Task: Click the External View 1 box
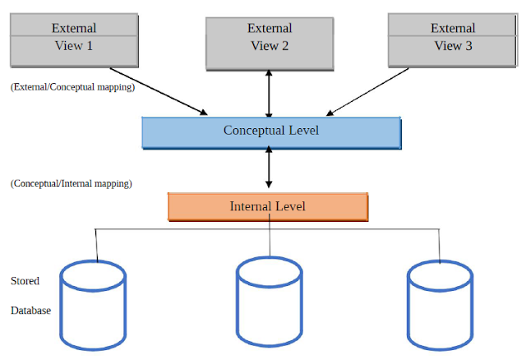click(73, 38)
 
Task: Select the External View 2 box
click(269, 38)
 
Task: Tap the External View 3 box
click(452, 38)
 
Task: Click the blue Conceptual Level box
click(271, 132)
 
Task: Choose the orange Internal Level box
click(268, 206)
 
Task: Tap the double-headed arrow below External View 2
click(269, 93)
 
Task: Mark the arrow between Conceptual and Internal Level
click(269, 171)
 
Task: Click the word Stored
click(25, 281)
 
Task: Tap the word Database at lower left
click(30, 311)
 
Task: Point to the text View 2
click(270, 46)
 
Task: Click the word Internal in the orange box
click(250, 206)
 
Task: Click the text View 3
click(453, 46)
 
